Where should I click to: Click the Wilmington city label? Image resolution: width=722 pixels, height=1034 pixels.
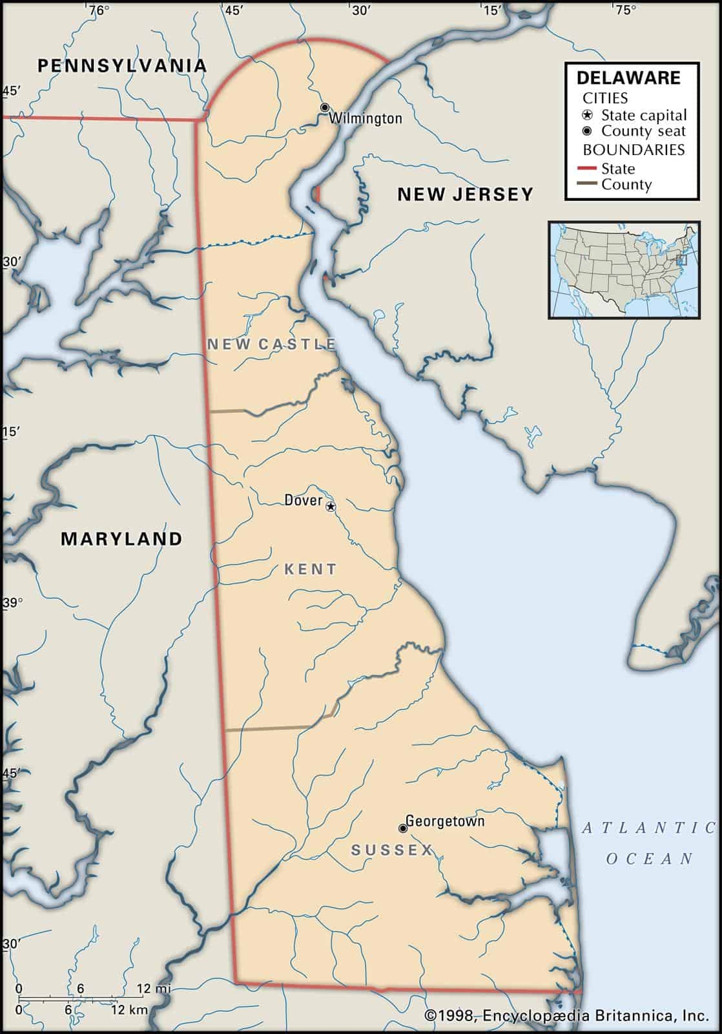(x=366, y=118)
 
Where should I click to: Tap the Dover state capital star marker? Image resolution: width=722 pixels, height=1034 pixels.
(x=331, y=507)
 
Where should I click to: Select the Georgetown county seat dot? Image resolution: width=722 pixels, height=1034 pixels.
(x=402, y=828)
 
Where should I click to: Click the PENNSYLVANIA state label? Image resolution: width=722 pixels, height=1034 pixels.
(x=122, y=65)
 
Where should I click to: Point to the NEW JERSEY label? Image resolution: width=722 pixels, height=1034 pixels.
(x=465, y=194)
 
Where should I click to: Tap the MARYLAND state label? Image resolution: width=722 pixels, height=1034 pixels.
(x=121, y=539)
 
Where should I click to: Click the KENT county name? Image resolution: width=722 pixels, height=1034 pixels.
(x=311, y=569)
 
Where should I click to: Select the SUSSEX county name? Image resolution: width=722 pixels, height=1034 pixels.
(x=391, y=850)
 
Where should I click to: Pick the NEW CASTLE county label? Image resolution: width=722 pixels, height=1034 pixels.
(x=271, y=344)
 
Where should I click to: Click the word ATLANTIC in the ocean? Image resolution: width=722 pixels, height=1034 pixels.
(x=649, y=828)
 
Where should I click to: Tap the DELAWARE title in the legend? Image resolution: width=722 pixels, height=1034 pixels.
(x=628, y=78)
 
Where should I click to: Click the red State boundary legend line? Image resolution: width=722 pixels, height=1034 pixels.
(x=586, y=169)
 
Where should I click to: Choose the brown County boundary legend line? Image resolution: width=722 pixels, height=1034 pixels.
(x=586, y=185)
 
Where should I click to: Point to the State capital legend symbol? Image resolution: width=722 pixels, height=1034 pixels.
(x=587, y=116)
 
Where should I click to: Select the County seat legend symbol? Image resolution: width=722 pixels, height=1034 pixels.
(x=587, y=131)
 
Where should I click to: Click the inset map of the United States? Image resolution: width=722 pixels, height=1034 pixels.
(x=624, y=269)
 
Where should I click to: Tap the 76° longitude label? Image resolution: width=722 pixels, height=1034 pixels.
(x=98, y=10)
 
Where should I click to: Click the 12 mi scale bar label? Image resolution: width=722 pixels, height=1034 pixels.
(x=153, y=989)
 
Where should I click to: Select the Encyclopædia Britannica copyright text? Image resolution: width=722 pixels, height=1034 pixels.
(x=566, y=1016)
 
